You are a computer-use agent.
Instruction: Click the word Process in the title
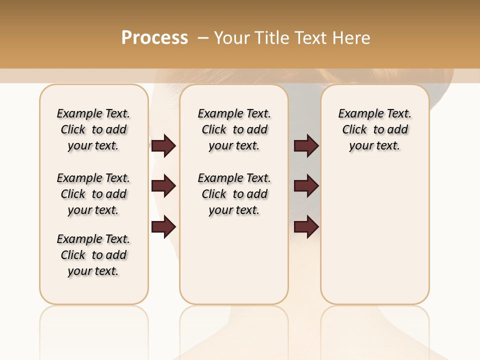[154, 38]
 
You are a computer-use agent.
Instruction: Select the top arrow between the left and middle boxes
[163, 145]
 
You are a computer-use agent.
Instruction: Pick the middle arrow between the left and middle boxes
[163, 186]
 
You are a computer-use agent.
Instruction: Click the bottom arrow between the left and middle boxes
[163, 226]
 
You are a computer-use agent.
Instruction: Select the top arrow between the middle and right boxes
[306, 145]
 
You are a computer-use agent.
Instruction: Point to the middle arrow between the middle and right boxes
[306, 186]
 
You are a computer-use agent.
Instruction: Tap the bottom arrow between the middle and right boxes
[306, 226]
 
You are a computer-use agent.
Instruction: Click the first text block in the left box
[93, 129]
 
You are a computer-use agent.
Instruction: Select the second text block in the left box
[93, 194]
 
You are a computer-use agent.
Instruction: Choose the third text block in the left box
[93, 255]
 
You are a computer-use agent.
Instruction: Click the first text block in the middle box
[234, 129]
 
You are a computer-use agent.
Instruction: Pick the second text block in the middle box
[234, 194]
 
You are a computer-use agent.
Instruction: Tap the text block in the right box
[375, 129]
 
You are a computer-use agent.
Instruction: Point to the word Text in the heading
[311, 38]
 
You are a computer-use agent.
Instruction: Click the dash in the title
[203, 38]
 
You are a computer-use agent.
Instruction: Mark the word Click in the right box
[354, 130]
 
